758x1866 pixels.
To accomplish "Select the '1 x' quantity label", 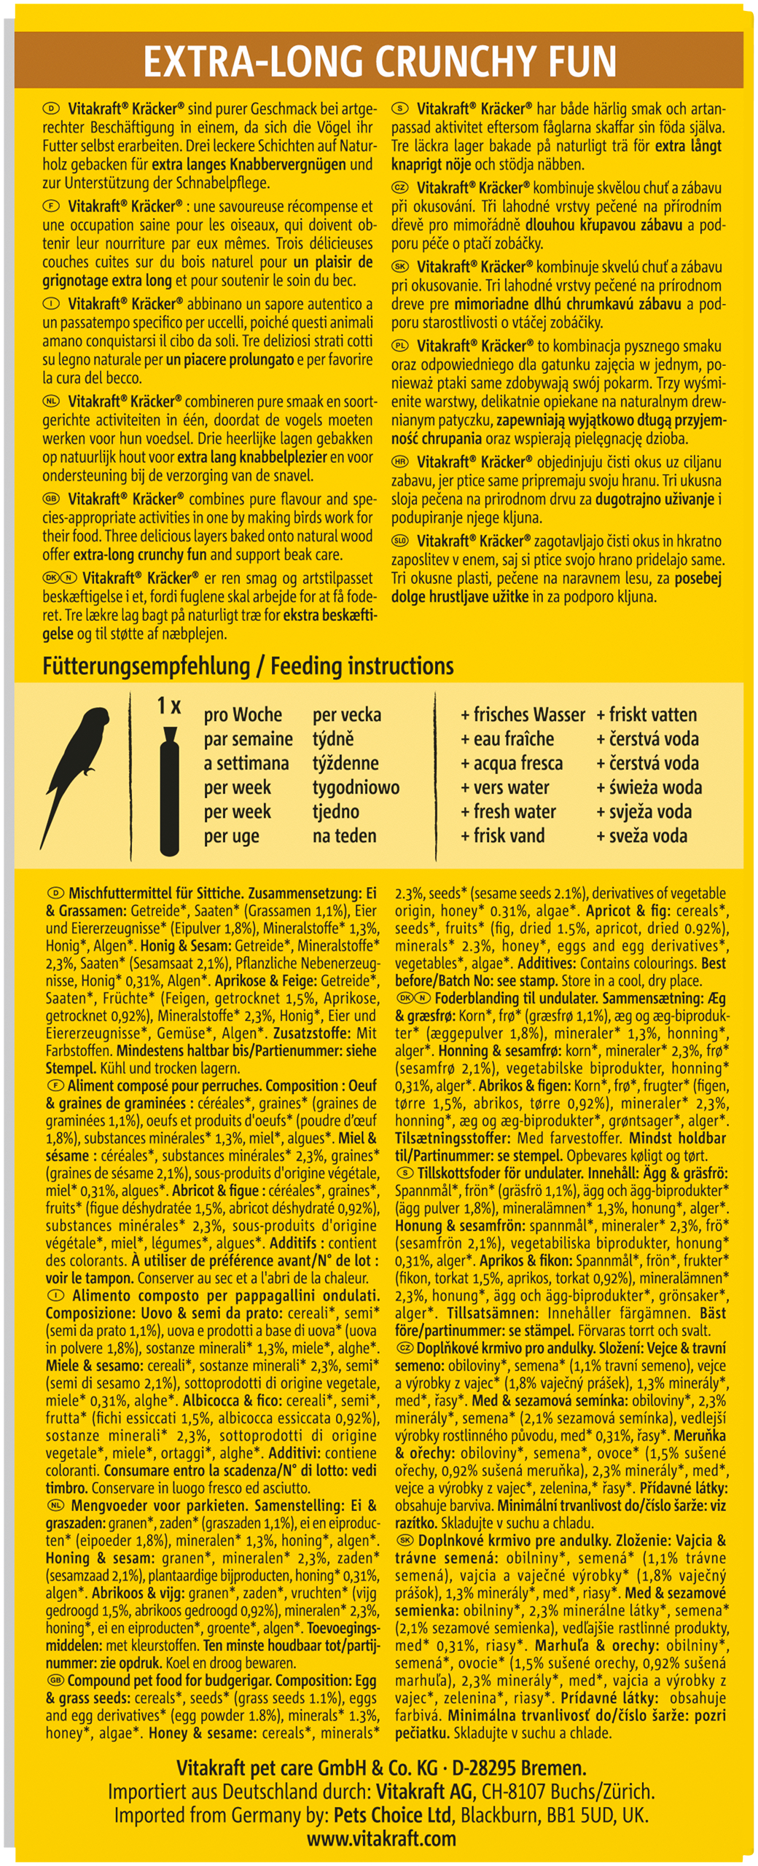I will point(169,706).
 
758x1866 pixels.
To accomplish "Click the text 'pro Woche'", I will point(243,714).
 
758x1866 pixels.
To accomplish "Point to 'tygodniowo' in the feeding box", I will point(356,787).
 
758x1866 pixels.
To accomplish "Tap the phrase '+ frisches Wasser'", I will point(523,714).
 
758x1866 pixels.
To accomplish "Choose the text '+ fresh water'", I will point(508,811).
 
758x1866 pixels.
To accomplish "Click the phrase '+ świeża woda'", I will point(649,787).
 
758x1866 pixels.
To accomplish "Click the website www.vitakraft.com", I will point(381,1838).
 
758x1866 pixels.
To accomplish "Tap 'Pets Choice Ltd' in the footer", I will point(393,1814).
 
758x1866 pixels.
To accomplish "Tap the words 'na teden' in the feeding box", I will point(344,835).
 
